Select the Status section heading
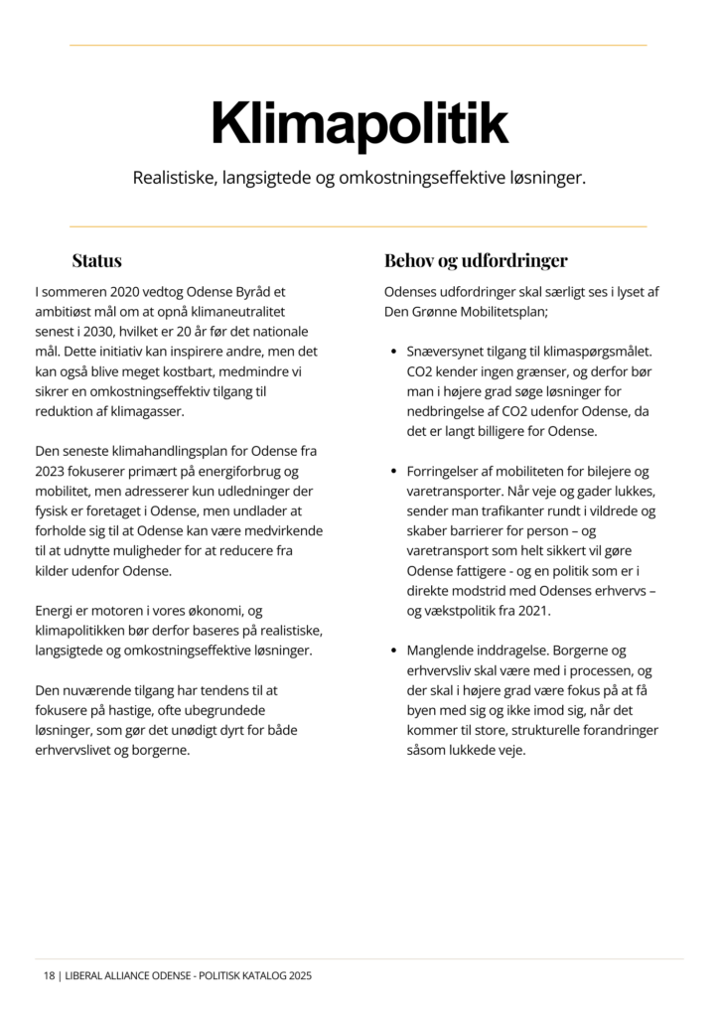96,261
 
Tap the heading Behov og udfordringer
476,261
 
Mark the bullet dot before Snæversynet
395,353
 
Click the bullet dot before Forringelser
395,472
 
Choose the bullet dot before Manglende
395,651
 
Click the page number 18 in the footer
49,976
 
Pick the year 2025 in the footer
298,976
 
